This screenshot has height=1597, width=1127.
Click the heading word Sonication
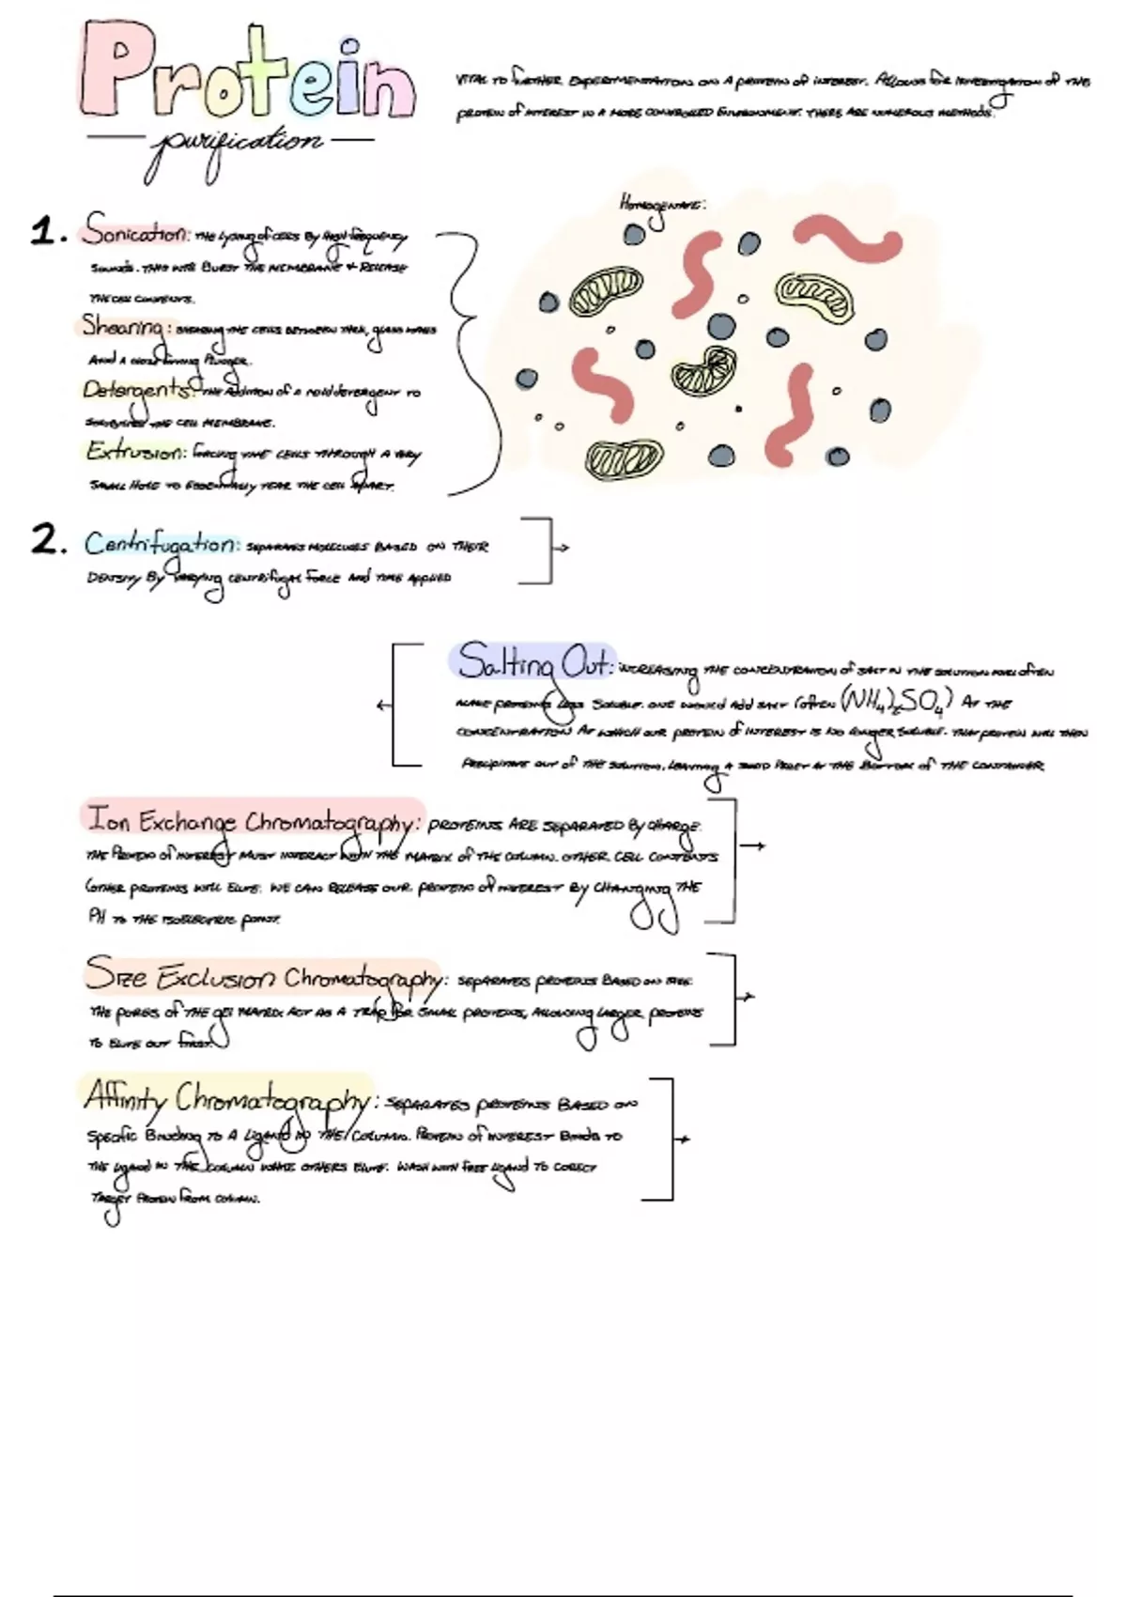tap(136, 230)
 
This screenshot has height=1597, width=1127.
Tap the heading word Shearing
tap(123, 326)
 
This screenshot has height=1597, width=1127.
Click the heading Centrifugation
tap(161, 544)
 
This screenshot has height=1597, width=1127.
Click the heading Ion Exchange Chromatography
tap(252, 820)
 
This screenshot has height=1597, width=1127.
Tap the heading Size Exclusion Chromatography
tap(263, 977)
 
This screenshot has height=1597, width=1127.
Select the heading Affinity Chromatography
tap(226, 1096)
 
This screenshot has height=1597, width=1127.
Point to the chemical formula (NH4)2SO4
tap(897, 701)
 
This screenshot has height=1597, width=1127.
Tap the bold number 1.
tap(43, 231)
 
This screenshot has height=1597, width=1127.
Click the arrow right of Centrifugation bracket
tap(563, 547)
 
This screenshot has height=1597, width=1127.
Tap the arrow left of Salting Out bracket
tap(382, 705)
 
